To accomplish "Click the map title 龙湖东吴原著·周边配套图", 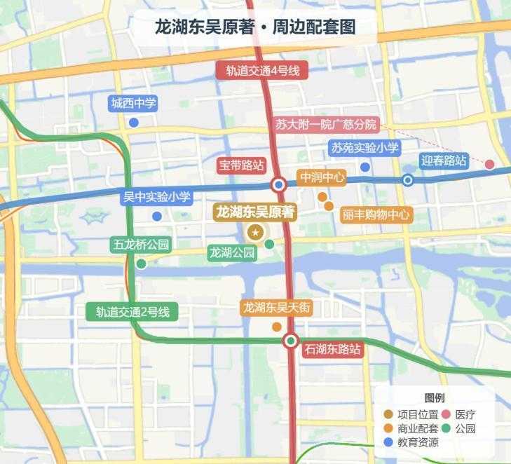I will coord(255,27).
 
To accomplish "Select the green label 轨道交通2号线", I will coord(132,312).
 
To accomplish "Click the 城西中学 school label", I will coord(133,104).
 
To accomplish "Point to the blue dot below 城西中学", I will coord(133,123).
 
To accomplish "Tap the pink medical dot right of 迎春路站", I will coord(489,165).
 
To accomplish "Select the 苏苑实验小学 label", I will coord(364,148).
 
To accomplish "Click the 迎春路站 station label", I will coord(444,161).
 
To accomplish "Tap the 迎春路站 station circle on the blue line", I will coord(408,180).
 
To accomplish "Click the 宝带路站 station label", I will coord(241,165).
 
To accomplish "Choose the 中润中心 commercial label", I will coord(322,178).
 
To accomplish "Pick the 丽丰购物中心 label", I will coord(376,214).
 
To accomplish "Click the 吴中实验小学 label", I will coord(156,197).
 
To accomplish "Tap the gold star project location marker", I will coord(256,233).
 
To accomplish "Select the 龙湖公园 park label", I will coord(233,252).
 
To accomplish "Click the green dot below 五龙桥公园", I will coord(141,264).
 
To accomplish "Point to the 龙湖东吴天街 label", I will coord(276,307).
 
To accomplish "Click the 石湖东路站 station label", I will coord(332,348).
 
